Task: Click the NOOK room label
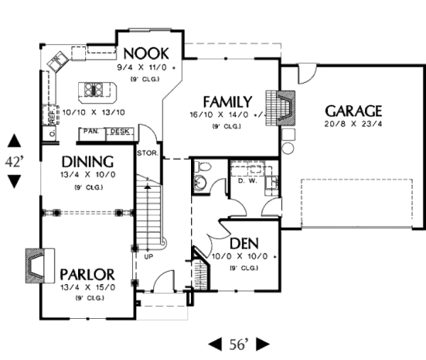pos(146,53)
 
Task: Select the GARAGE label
pos(353,111)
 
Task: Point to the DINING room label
pos(87,161)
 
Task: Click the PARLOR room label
pos(87,274)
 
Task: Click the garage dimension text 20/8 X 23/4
pos(354,124)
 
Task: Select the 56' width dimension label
pos(239,344)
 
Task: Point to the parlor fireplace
pos(34,262)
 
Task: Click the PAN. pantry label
pos(90,131)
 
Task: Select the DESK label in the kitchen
pos(119,131)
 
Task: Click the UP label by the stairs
pos(148,254)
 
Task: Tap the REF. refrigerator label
pos(52,113)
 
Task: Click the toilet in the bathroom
pos(202,169)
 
